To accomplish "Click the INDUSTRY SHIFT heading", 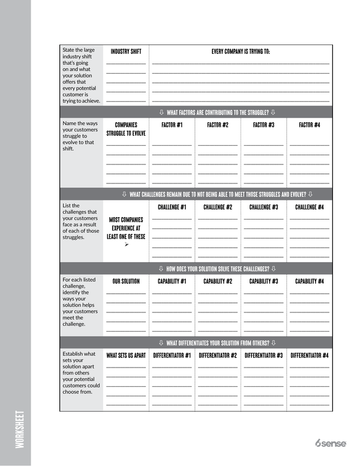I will (x=126, y=52).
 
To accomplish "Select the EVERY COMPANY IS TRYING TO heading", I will (x=241, y=52).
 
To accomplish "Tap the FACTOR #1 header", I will (x=172, y=125).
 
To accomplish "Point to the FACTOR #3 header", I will (x=263, y=125).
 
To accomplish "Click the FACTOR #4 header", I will (x=310, y=125).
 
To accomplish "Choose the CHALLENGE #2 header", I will (x=218, y=208).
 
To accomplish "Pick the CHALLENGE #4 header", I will (x=310, y=208).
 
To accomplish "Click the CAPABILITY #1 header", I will (x=172, y=281).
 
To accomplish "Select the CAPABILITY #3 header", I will (x=263, y=281).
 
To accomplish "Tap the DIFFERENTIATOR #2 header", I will (x=218, y=356).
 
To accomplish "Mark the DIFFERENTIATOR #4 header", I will (x=310, y=356).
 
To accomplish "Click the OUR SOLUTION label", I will (x=126, y=281).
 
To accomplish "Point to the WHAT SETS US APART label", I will (x=126, y=356).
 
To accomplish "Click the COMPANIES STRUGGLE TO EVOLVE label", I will (x=126, y=130).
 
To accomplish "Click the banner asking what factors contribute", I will (x=217, y=112).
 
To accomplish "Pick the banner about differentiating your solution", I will (x=217, y=343).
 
